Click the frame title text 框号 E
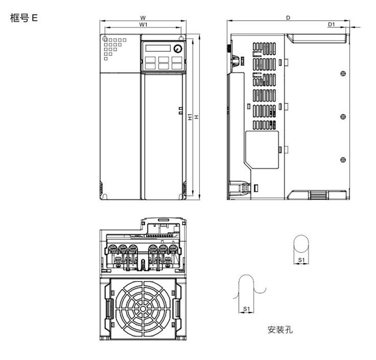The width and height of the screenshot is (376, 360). (x=24, y=18)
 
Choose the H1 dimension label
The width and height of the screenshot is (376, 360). (x=189, y=117)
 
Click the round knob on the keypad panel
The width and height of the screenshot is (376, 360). (x=177, y=49)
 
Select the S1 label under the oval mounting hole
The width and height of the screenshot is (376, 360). (x=302, y=259)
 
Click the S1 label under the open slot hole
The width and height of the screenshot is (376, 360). (x=246, y=309)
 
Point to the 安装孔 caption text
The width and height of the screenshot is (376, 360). (x=281, y=329)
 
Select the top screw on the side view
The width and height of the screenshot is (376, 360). (x=343, y=73)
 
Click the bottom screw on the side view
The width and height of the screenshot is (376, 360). (x=343, y=160)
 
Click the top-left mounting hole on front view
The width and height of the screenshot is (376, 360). (x=105, y=39)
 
